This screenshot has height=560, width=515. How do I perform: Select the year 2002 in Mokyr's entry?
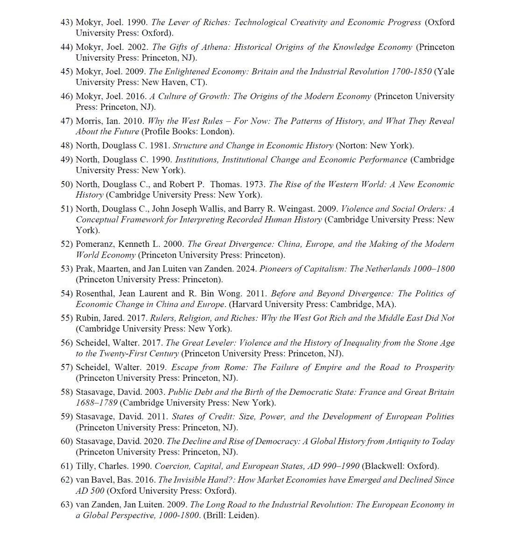[x=139, y=47]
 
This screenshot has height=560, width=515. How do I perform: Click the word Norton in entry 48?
[x=351, y=146]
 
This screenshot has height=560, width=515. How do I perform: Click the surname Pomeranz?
[x=94, y=244]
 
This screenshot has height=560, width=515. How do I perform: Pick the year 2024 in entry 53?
[x=247, y=269]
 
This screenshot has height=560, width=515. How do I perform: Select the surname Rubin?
[x=87, y=318]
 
